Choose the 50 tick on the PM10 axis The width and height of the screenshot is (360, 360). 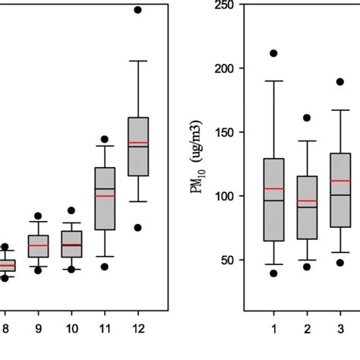point(225,260)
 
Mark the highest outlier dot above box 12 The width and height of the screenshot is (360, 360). point(137,10)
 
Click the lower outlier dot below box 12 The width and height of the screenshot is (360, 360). point(137,227)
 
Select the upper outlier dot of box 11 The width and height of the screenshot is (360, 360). point(105,140)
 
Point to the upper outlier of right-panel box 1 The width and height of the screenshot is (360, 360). point(273,53)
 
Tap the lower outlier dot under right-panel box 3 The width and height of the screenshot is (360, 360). point(340,263)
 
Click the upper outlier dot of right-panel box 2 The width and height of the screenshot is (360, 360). point(307,118)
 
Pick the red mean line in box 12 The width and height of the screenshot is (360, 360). point(137,142)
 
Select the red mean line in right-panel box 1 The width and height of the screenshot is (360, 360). point(273,188)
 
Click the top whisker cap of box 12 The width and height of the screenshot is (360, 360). point(137,60)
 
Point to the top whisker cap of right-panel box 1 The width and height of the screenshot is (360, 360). point(273,81)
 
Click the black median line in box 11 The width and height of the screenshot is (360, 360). point(105,188)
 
